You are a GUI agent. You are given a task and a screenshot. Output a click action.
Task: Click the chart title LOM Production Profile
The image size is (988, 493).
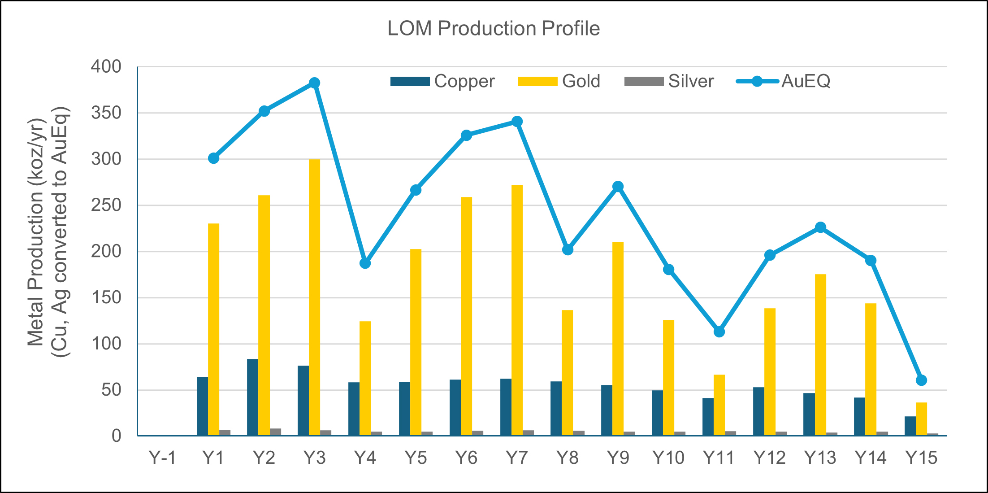point(494,29)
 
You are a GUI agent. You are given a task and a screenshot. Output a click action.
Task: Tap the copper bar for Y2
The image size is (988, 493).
point(252,397)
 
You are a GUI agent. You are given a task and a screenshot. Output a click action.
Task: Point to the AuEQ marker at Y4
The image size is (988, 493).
point(365,263)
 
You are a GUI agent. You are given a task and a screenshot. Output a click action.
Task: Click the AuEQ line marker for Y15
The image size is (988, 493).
point(921,380)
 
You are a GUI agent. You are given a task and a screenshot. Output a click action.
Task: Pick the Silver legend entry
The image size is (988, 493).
point(669,82)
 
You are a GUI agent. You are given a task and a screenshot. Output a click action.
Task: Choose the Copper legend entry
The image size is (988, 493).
point(442,82)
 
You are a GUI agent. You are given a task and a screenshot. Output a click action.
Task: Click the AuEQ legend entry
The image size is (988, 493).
point(784,82)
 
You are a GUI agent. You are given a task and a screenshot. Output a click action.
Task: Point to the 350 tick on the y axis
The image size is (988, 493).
point(106,113)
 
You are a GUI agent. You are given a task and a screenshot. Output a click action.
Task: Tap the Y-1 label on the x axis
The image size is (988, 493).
point(162,458)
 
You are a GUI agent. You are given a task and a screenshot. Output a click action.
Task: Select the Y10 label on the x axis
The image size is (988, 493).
point(668,458)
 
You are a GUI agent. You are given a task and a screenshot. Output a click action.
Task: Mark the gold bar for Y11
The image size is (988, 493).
point(719,405)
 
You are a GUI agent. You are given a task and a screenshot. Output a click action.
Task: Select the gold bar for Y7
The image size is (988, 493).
point(517,310)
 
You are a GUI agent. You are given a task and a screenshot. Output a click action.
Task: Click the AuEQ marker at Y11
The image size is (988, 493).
point(719,332)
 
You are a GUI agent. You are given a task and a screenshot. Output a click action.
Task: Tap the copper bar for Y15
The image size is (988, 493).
point(910,426)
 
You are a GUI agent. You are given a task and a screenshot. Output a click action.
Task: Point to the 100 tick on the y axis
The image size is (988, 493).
point(106,344)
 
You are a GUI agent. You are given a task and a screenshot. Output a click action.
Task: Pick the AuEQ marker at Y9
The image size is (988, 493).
point(618,186)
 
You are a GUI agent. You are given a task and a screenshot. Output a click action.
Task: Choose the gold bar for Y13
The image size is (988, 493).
point(820,354)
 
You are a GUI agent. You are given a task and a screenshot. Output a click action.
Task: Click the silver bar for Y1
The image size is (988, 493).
point(225,432)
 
